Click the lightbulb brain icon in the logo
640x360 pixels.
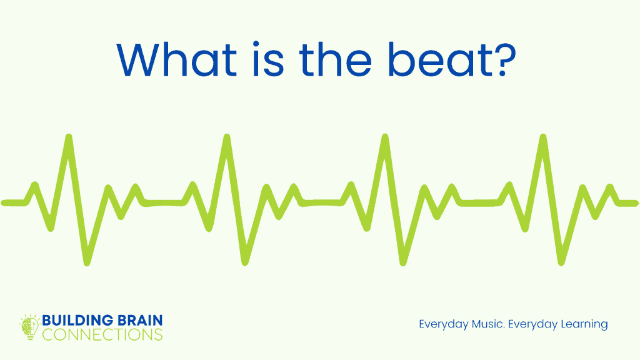(29, 327)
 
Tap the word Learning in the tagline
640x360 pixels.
(582, 324)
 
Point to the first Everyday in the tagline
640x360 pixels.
(441, 324)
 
